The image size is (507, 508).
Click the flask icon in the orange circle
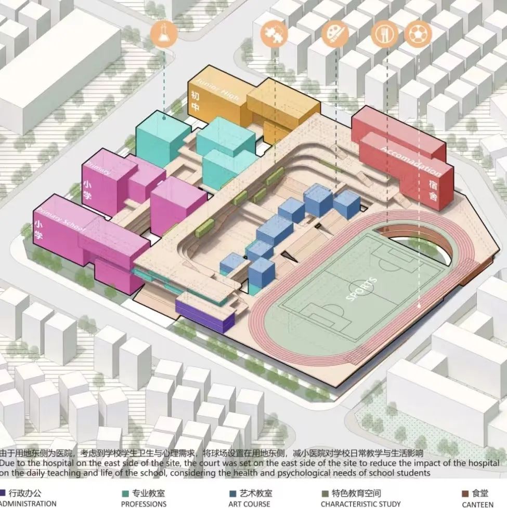point(163,34)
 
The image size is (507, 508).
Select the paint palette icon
point(334,33)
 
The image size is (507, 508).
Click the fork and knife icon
point(385,34)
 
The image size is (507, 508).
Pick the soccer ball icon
point(418,33)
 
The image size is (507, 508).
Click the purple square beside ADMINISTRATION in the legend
point(3,493)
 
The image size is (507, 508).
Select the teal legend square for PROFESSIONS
point(125,493)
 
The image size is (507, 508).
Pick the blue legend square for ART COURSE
point(232,493)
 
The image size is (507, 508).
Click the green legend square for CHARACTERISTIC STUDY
point(325,493)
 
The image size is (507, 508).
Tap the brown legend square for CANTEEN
point(464,493)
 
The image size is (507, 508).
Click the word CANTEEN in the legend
point(477,503)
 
